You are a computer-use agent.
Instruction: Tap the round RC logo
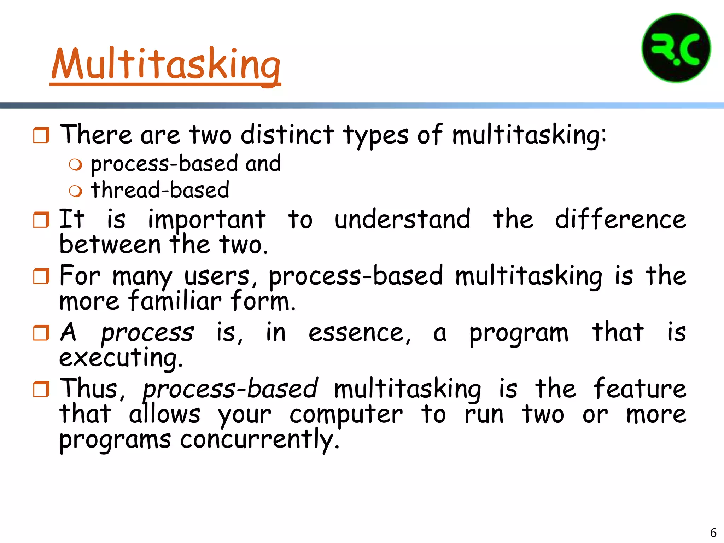point(676,48)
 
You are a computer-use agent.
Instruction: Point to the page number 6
point(713,532)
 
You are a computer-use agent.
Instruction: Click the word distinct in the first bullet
point(287,135)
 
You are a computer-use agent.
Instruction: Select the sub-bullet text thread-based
point(160,190)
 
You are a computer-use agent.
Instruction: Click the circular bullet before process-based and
point(75,165)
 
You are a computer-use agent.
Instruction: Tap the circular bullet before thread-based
point(75,191)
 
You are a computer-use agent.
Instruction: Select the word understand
point(402,219)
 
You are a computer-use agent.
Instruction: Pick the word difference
point(620,219)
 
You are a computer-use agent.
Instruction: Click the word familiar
point(175,301)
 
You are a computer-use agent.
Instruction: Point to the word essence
point(360,333)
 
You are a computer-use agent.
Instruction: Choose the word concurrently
point(260,440)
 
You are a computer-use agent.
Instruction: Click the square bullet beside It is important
point(41,220)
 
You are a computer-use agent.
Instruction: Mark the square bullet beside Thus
point(41,389)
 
